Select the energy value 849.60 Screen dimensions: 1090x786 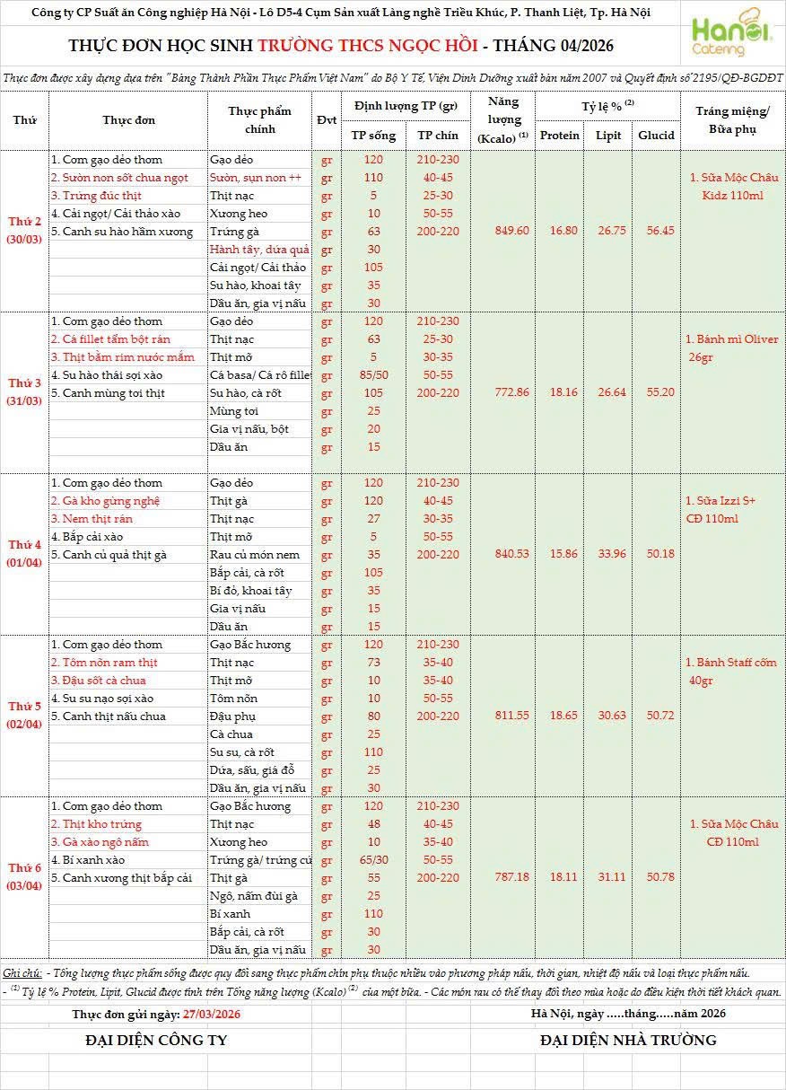(x=511, y=231)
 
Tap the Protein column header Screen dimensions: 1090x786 (x=560, y=136)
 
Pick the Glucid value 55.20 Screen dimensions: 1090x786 (x=656, y=392)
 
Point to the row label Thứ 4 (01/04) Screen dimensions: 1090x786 (x=25, y=554)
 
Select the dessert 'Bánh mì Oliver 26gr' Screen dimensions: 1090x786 (x=731, y=348)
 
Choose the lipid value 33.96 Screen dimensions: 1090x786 (x=608, y=554)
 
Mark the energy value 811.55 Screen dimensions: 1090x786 (x=511, y=716)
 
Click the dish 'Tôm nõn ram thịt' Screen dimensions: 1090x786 (x=104, y=663)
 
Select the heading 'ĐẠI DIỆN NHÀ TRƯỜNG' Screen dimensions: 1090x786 (x=628, y=1041)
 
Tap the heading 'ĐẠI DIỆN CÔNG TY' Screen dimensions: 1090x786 (x=156, y=1041)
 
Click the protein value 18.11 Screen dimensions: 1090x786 (x=560, y=877)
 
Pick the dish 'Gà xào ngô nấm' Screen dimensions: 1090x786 (x=100, y=842)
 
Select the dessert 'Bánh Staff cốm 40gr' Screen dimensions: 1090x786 (x=731, y=672)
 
